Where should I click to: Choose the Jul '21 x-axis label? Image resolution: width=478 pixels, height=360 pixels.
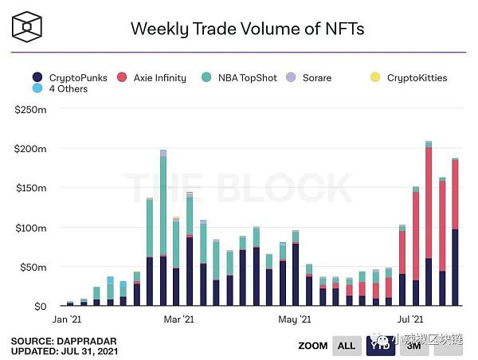408,319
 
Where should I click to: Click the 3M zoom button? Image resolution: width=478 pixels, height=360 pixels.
413,346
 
